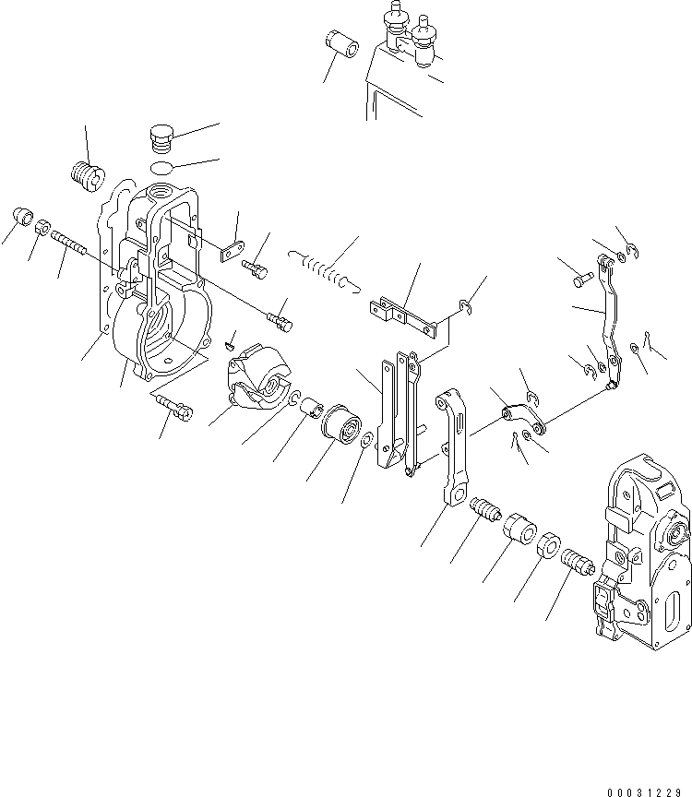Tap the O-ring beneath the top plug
[161, 168]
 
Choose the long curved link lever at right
[610, 323]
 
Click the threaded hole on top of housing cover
[157, 197]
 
